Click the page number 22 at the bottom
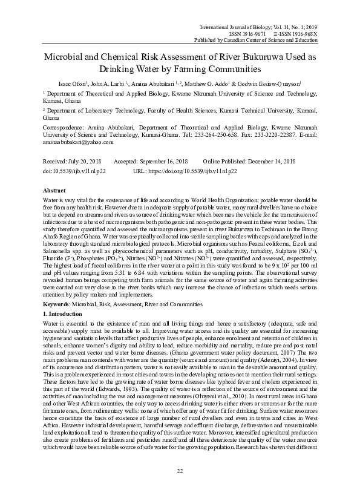(180, 471)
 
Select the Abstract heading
(54, 190)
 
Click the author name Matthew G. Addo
(221, 83)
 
